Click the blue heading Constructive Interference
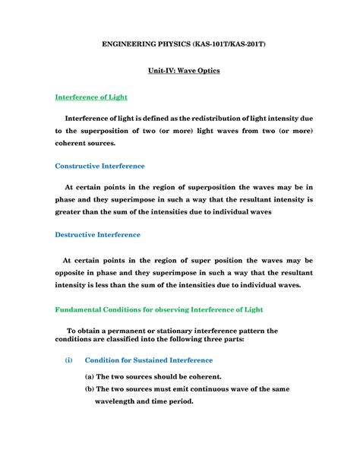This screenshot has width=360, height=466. (x=100, y=166)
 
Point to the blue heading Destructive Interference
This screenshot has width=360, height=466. (x=97, y=236)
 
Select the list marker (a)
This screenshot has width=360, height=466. (x=90, y=376)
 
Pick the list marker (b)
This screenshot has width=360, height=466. (x=90, y=389)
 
